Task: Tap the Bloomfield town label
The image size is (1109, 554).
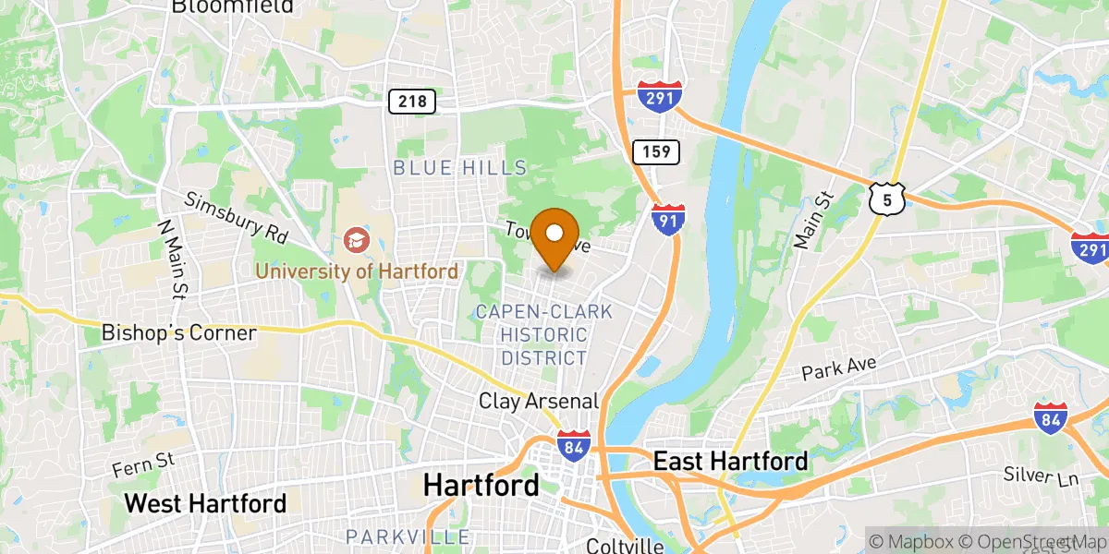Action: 232,6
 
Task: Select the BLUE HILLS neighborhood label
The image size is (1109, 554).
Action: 459,168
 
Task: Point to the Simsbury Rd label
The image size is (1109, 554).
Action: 237,218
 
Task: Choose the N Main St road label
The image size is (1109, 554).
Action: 171,259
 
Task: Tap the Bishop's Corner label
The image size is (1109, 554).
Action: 178,332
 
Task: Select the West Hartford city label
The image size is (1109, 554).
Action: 205,503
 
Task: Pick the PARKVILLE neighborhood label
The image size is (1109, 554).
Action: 408,536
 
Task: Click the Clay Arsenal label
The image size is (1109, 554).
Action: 539,402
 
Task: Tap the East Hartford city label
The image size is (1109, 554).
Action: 730,461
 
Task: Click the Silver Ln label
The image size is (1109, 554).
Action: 1042,476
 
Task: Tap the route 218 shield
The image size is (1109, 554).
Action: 412,102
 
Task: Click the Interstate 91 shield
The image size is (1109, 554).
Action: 666,219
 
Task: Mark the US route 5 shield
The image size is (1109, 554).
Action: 886,198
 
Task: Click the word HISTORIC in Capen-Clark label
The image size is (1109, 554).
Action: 544,334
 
